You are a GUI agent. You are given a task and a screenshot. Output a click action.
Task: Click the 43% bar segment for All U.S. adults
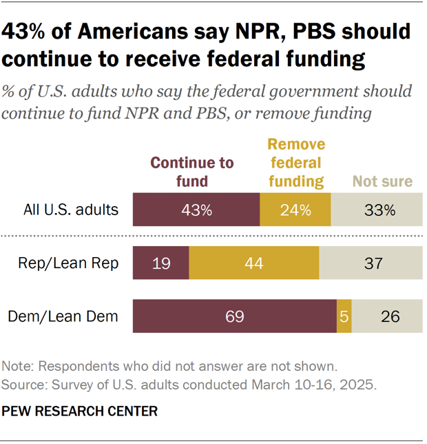click(x=196, y=210)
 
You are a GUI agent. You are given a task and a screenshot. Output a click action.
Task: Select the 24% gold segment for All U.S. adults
click(x=295, y=210)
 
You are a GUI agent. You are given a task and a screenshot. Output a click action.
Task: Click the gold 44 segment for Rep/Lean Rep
click(x=253, y=263)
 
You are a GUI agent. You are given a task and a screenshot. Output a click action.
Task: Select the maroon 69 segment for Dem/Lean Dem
click(x=234, y=316)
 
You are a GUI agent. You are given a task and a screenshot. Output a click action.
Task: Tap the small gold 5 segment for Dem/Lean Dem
click(x=344, y=316)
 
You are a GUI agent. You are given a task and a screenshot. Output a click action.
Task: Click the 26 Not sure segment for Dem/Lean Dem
click(x=386, y=316)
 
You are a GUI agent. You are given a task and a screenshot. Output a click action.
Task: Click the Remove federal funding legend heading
click(x=295, y=163)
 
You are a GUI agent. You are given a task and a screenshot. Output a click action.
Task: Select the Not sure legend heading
click(x=382, y=181)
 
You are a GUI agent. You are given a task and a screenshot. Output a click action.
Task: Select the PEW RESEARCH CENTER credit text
click(x=80, y=412)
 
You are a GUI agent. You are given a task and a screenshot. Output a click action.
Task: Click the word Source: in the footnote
click(x=23, y=385)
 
